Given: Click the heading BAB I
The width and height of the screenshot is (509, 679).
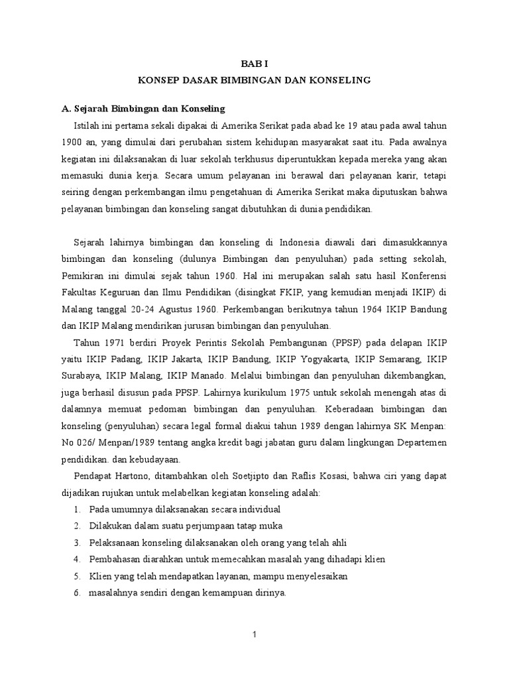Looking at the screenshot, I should [254, 63].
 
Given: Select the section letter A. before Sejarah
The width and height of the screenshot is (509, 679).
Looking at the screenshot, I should [65, 108].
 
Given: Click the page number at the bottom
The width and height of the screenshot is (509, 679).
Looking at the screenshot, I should [254, 635].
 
